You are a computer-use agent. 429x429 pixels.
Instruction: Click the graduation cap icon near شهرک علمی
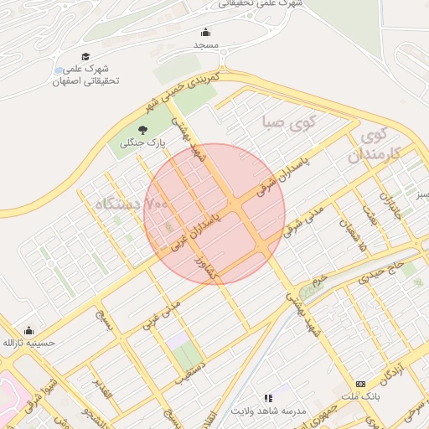[85, 56]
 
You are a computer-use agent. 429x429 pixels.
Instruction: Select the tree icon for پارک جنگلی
[143, 130]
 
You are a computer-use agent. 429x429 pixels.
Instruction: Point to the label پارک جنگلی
[143, 145]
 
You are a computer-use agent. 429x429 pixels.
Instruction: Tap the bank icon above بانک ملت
[361, 383]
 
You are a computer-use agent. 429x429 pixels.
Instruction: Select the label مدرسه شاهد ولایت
[279, 412]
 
